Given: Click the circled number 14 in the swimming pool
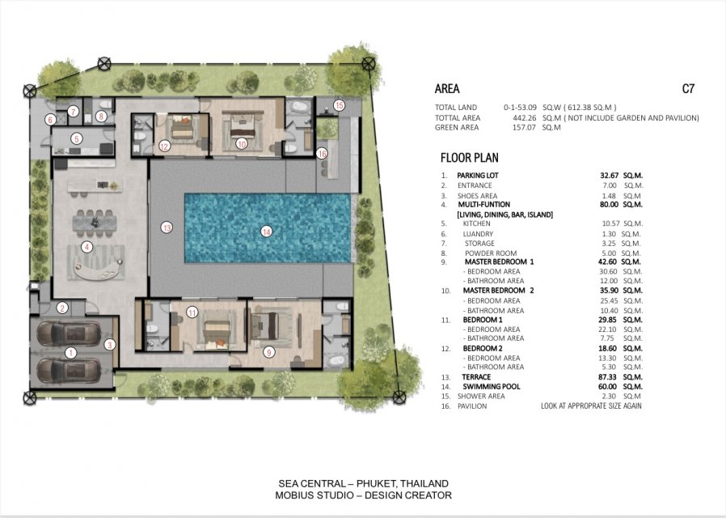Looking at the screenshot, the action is (266, 231).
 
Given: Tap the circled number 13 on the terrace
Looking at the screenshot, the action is (167, 227).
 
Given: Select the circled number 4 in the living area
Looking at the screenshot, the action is (87, 247).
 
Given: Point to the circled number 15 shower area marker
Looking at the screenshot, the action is (339, 106).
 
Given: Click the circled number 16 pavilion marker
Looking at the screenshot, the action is (322, 153).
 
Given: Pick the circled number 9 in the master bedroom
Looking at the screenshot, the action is (268, 353).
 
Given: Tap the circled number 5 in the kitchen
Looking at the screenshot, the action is (77, 138).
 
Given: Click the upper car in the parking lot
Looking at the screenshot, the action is (69, 333).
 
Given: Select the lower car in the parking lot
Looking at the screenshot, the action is (69, 371).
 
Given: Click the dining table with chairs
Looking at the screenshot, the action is (95, 221).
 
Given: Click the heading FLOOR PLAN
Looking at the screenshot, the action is (470, 158).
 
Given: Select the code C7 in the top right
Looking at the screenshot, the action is (688, 88).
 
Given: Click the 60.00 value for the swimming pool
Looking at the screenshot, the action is (608, 386).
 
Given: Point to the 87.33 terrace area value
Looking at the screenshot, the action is (608, 377).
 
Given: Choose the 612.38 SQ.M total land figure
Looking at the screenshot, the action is (589, 108).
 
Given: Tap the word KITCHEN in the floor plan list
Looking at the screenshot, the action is (476, 223).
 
